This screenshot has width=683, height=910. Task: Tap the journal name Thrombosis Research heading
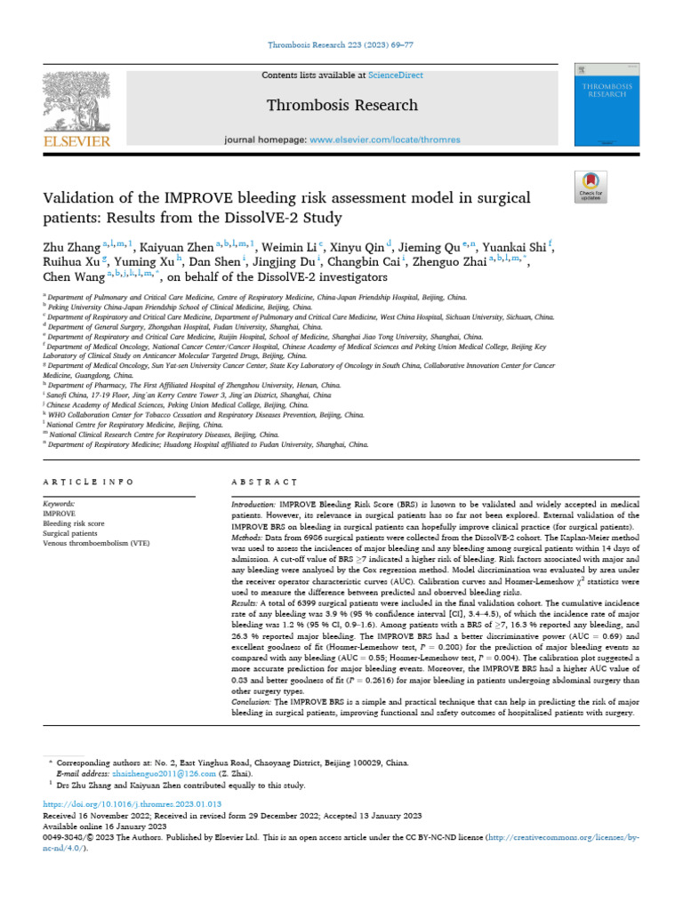(x=342, y=105)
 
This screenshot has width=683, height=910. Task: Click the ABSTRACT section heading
(x=264, y=481)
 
